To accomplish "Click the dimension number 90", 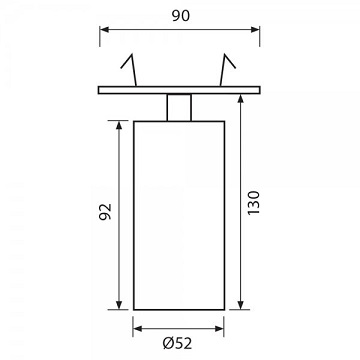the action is coord(181,16).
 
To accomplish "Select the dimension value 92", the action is coord(105,211).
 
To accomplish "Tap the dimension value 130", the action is coord(253,203).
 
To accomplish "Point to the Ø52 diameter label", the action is coord(178,343).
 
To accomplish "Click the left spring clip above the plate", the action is coord(129,69).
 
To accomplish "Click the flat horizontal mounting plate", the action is coord(179,90).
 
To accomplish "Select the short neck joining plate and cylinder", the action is coord(179,107).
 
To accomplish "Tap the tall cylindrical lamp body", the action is coord(179,215).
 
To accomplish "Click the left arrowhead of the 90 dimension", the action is coord(104,29).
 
